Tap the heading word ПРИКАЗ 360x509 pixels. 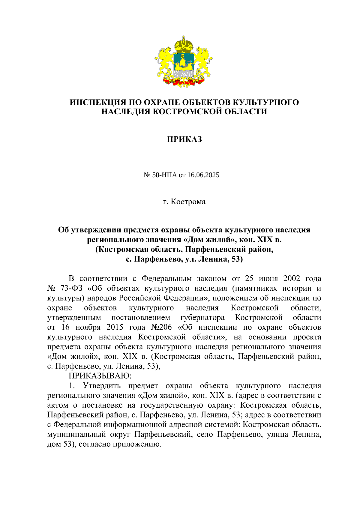pos(184,139)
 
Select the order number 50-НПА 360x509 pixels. pos(165,175)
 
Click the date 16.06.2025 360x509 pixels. pos(203,175)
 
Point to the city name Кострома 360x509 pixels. pos(188,202)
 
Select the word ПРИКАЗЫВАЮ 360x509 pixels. pos(100,376)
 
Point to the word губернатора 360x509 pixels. pos(202,317)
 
